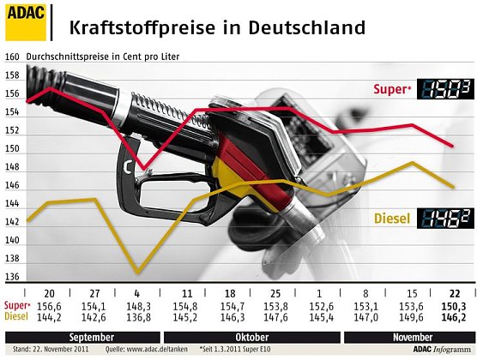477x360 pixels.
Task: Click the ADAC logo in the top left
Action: [24, 21]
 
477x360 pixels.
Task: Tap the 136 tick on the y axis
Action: [12, 278]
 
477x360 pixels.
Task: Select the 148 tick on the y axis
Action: [12, 167]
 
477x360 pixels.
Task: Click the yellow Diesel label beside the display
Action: [391, 219]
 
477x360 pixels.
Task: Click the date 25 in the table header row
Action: [275, 294]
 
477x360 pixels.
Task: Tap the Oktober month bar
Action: [252, 336]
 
